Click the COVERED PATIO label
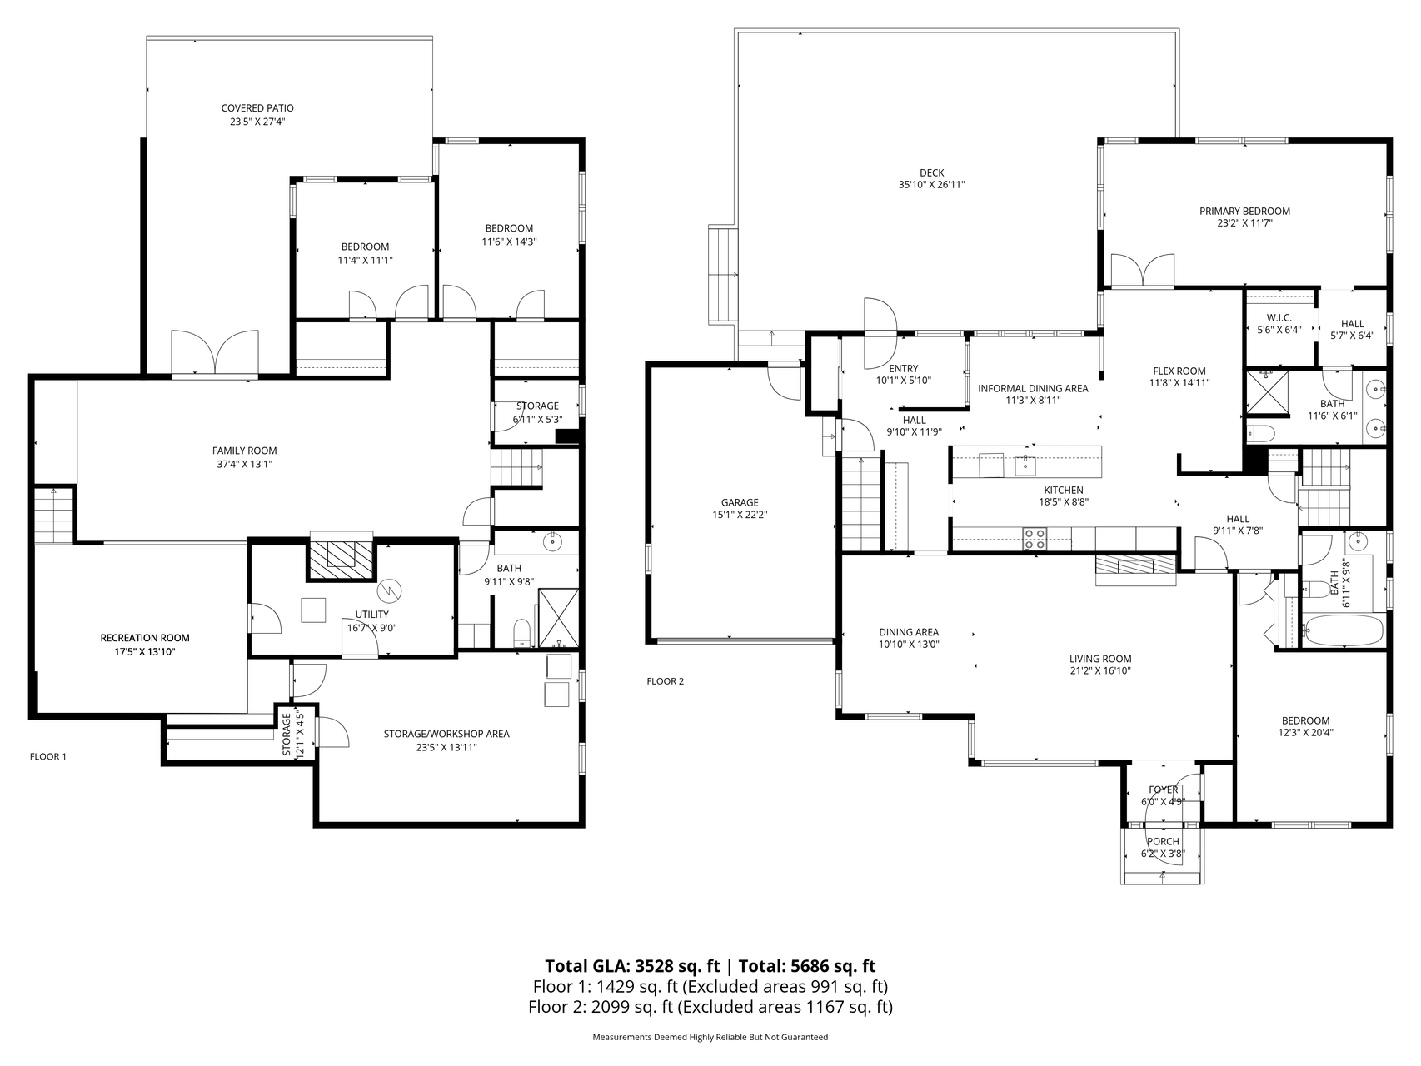click(257, 108)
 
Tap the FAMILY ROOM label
click(244, 451)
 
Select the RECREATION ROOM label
click(145, 638)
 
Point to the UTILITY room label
click(371, 615)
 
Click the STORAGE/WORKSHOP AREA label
click(446, 734)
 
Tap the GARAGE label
click(740, 502)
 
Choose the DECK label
click(931, 173)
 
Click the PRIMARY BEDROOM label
click(1244, 212)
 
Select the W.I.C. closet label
click(1279, 318)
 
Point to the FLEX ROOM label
click(1179, 371)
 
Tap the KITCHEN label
click(1064, 491)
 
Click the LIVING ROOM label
click(1100, 659)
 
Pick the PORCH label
click(1164, 842)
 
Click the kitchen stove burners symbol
click(1035, 539)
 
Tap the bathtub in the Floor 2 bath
click(1343, 630)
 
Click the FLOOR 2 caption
click(665, 681)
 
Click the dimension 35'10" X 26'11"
click(931, 186)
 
